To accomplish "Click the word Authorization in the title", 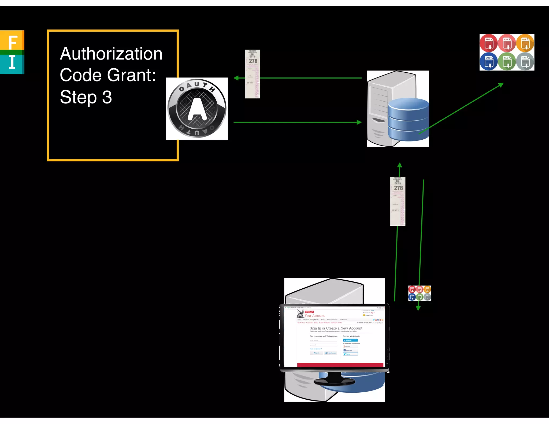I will (x=111, y=54).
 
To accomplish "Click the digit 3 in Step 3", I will (x=107, y=97).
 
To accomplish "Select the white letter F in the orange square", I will (x=13, y=42).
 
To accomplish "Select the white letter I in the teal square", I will (x=12, y=62).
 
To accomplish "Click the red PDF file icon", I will (x=488, y=43).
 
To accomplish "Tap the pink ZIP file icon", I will (x=507, y=43).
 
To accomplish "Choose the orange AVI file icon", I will (x=525, y=43).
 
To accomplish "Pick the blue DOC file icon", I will (x=488, y=61).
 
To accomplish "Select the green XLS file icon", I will (x=507, y=61).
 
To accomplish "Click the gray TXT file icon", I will (x=525, y=61).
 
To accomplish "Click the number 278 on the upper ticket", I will (x=253, y=61).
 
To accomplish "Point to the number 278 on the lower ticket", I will (x=398, y=188).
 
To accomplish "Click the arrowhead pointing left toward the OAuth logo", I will (x=236, y=78).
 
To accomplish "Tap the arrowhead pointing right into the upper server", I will (x=359, y=122).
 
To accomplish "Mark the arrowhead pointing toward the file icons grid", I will (x=501, y=85).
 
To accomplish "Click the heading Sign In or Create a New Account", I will (x=336, y=328).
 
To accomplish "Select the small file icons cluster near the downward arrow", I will (x=420, y=293).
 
